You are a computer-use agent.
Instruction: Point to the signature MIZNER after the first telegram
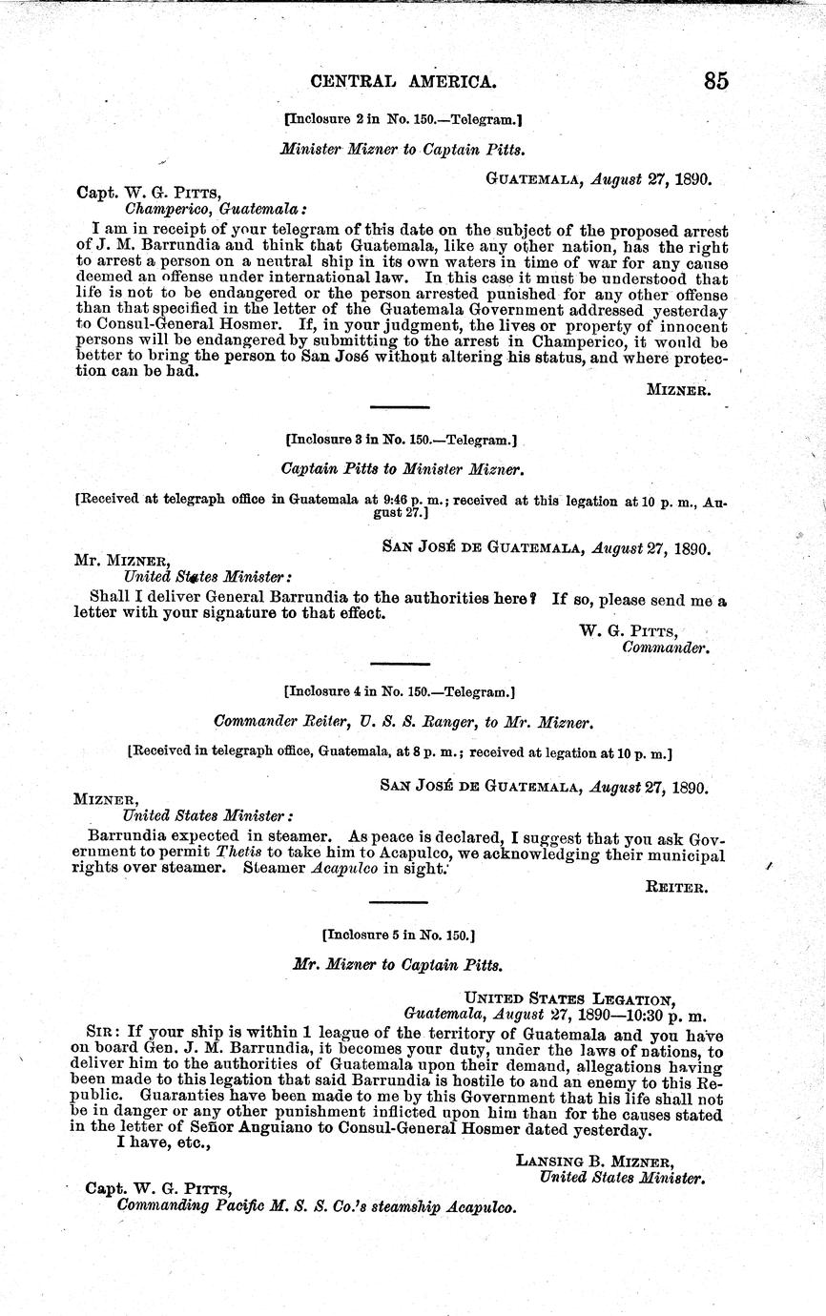click(677, 389)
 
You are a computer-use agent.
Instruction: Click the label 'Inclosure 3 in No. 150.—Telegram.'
click(401, 441)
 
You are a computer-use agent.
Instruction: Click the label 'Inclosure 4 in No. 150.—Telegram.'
click(401, 689)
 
